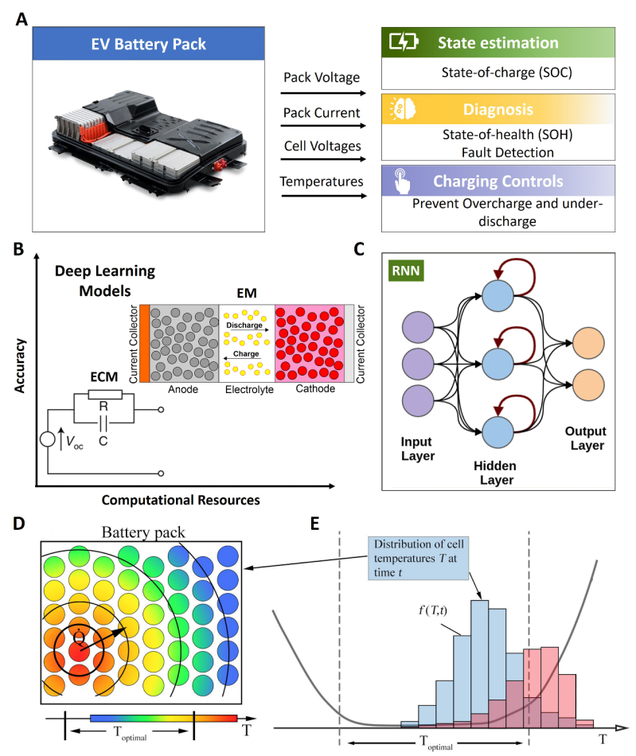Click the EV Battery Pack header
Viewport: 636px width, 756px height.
click(160, 45)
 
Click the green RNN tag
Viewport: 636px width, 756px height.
click(412, 269)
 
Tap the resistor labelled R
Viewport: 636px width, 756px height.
click(104, 395)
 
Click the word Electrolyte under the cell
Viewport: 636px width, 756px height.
click(247, 391)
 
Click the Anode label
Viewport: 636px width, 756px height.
click(179, 391)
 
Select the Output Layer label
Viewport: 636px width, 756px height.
click(586, 438)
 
